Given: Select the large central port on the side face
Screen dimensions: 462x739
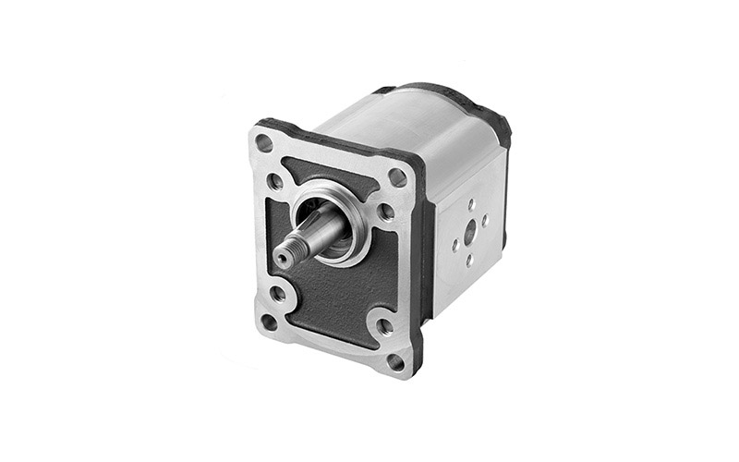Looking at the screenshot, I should (x=470, y=232).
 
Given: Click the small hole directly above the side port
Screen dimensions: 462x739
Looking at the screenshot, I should (x=470, y=204).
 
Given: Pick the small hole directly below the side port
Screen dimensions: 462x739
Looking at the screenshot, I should (x=468, y=261).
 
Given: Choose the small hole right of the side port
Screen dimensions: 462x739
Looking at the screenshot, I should (x=484, y=220).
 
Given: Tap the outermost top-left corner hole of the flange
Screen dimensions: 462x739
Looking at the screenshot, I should (x=264, y=142).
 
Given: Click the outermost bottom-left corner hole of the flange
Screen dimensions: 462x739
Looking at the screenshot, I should (x=269, y=322).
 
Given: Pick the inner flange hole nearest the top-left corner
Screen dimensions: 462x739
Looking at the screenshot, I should (x=276, y=181).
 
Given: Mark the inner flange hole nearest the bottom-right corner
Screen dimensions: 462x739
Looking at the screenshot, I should (x=385, y=326).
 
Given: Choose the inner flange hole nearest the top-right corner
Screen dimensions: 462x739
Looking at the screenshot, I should (x=386, y=212).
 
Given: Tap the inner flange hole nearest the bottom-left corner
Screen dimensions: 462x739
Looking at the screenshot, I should (x=277, y=294).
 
